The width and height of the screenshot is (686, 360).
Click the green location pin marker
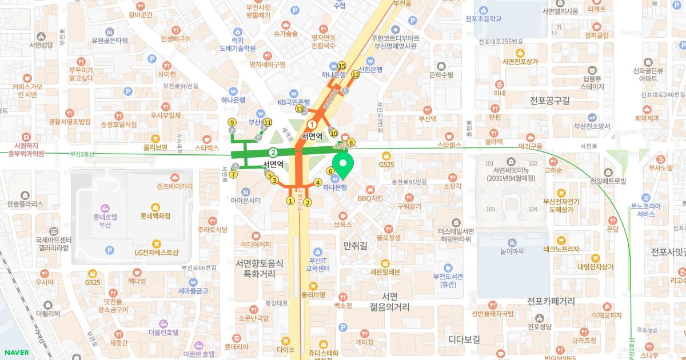[x=344, y=165]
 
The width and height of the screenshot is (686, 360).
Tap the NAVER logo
[x=15, y=353]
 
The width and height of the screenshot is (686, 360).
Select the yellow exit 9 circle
[x=232, y=122]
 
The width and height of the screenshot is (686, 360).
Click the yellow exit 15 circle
[x=342, y=66]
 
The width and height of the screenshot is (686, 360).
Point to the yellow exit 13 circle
[x=299, y=109]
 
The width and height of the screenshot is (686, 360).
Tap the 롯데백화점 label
[x=155, y=217]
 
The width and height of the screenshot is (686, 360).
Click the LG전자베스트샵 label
[x=156, y=252]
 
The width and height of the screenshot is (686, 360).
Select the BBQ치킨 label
[x=370, y=198]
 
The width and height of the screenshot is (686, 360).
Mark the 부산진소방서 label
[x=592, y=126]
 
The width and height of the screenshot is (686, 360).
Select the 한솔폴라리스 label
[x=25, y=203]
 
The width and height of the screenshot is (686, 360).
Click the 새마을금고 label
[x=193, y=291]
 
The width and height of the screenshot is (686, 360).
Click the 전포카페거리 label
[x=551, y=301]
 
